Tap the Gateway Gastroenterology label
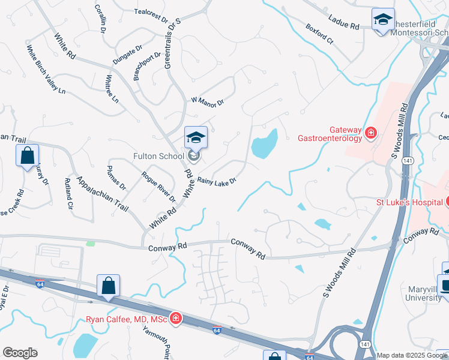(330, 134)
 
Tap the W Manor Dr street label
(207, 101)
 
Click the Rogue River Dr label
(158, 187)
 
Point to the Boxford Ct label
(319, 34)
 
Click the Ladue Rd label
(346, 27)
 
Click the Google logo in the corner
(20, 353)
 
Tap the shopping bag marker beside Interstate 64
(108, 286)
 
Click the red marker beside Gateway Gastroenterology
(371, 133)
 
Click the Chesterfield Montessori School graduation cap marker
(382, 20)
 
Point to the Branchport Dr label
(148, 65)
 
